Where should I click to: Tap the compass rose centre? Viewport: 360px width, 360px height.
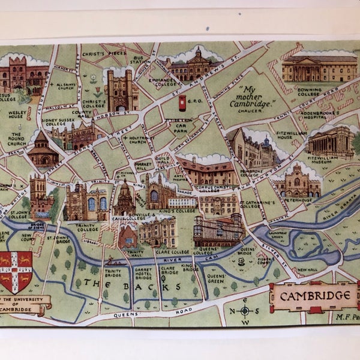(245, 311)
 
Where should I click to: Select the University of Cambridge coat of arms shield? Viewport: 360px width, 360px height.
(16, 271)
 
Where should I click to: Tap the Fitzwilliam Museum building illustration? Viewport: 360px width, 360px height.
(329, 142)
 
